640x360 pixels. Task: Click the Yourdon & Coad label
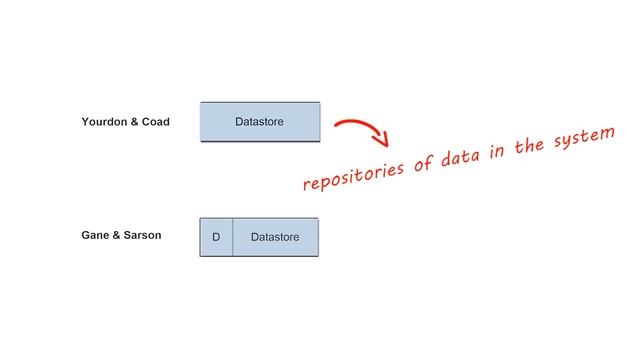pos(125,122)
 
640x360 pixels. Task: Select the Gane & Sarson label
pos(121,236)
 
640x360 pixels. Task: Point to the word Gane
pos(96,236)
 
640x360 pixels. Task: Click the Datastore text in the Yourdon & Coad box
pos(259,122)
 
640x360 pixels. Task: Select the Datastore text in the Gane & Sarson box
pos(275,237)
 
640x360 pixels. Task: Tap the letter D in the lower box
pos(216,237)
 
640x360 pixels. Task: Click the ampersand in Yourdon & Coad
pos(135,122)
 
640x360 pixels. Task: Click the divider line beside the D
pos(233,237)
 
